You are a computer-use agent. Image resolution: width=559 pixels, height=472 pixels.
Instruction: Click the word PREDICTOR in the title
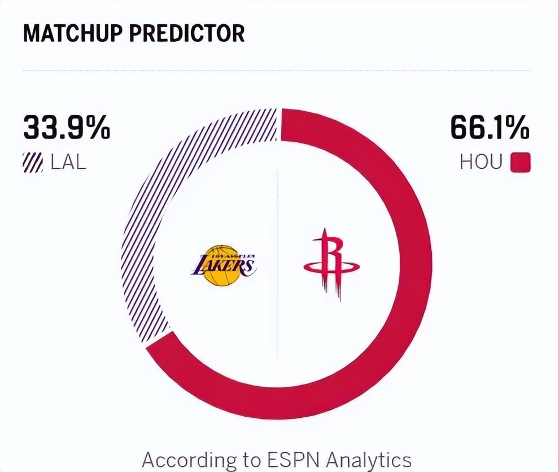point(187,33)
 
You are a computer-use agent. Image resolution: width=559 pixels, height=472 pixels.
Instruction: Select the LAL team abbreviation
point(68,163)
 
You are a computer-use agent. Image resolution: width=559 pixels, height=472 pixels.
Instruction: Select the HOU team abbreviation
point(481,163)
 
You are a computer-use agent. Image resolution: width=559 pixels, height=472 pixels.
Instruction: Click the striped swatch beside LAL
point(33,163)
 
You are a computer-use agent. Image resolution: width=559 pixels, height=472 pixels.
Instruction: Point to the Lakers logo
point(224,265)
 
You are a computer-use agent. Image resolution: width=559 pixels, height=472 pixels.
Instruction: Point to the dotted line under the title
point(277,71)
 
